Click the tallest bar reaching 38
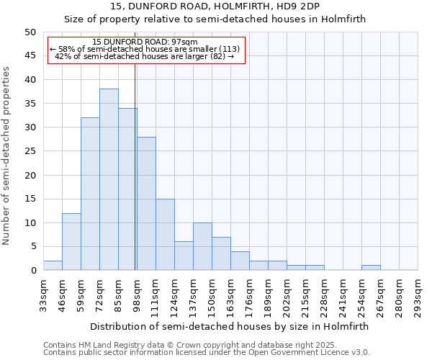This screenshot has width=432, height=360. (x=109, y=179)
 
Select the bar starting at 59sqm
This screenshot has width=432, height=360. (x=90, y=194)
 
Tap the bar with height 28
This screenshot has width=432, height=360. (x=146, y=203)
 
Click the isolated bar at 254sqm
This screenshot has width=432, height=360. (x=371, y=268)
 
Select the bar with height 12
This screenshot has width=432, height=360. (x=71, y=241)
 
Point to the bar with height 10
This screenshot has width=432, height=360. (x=202, y=246)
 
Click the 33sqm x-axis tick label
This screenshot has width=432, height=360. (x=44, y=295)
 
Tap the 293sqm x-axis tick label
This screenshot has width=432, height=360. (x=418, y=295)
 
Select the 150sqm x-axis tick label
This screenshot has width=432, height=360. (x=212, y=295)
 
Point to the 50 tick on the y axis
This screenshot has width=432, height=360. (x=30, y=32)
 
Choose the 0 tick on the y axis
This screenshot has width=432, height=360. (x=33, y=271)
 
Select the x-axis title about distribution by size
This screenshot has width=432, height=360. (x=230, y=326)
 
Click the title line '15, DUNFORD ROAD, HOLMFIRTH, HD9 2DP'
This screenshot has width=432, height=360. (x=215, y=6)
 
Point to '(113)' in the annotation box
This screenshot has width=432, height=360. (x=229, y=49)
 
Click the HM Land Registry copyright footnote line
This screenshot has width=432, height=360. (x=180, y=345)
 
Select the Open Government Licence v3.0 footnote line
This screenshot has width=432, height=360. (x=206, y=352)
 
